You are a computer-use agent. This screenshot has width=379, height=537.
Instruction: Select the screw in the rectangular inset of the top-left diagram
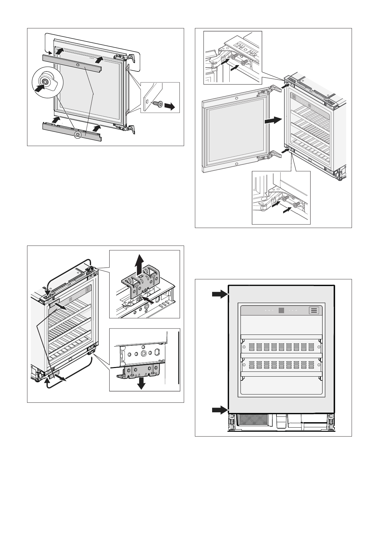tap(157, 104)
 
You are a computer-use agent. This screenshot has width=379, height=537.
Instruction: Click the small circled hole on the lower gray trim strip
tap(77, 136)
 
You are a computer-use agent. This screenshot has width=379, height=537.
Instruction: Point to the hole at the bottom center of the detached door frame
tap(236, 164)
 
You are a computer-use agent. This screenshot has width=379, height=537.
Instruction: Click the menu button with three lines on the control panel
tap(314, 311)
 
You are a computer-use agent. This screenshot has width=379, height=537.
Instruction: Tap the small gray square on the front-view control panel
tap(281, 311)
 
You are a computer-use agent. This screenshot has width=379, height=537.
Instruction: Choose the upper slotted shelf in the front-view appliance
tap(281, 346)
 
